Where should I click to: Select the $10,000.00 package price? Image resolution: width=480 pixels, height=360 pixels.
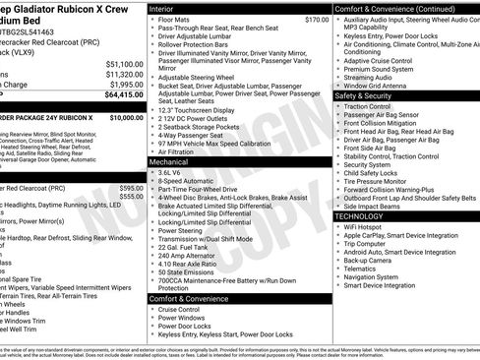click(125, 116)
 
